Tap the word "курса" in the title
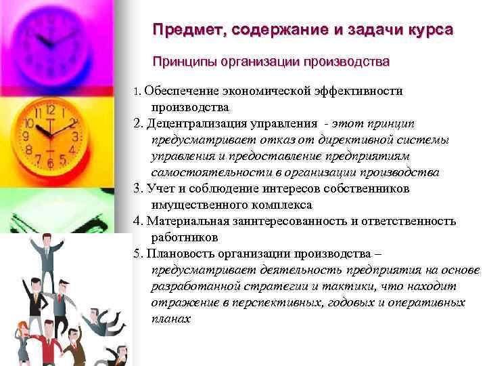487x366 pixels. pos(431,30)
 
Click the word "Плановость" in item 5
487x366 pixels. pos(178,253)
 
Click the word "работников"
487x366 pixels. pos(185,237)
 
